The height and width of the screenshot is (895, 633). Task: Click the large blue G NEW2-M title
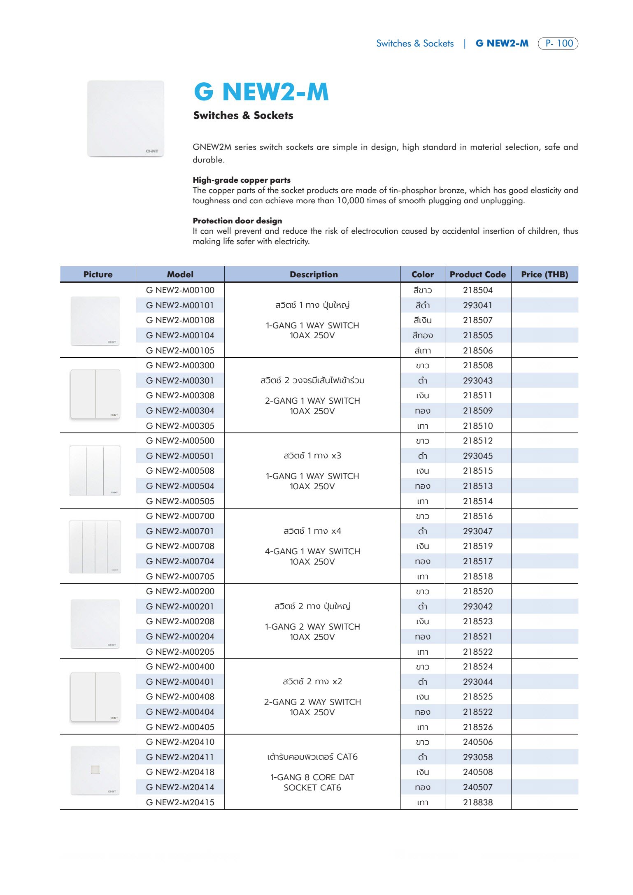pos(261,91)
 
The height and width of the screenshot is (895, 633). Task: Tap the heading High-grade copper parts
pos(242,180)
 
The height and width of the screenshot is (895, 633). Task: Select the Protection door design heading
pos(237,221)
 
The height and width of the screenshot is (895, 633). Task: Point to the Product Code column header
pos(477,274)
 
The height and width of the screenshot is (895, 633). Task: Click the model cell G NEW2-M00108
pos(180,320)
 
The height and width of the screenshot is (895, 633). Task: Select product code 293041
pos(477,305)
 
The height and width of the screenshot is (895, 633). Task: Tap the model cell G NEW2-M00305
pos(180,426)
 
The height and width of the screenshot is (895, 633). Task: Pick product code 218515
pos(477,471)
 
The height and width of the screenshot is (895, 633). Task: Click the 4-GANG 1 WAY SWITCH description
pos(312,551)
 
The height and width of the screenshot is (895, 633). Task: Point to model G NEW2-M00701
pos(180,531)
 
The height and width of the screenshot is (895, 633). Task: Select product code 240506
pos(477,742)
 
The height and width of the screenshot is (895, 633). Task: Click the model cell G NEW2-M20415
pos(180,802)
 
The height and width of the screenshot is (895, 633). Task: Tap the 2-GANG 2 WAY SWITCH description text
pos(312,702)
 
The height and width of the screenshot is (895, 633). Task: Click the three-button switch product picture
pos(95,470)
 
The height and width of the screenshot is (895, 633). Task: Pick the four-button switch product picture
pos(95,546)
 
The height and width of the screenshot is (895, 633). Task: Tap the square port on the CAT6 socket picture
pos(95,769)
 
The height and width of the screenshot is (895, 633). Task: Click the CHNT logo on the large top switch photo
pos(152,151)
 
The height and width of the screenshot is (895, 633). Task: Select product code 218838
pos(477,802)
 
